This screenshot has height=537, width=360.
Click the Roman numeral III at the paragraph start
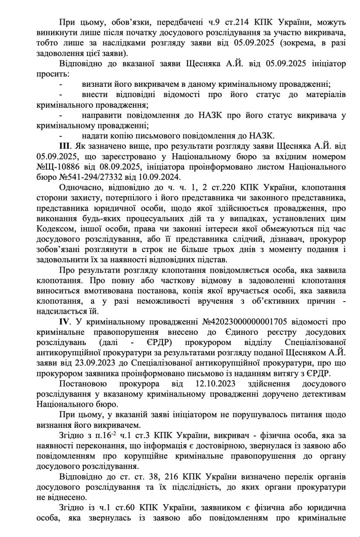65,147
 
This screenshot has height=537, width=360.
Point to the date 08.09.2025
104,166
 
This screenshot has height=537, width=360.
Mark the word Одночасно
80,188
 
